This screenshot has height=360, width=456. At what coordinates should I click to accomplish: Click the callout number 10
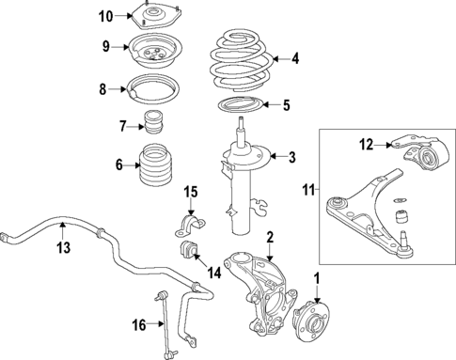[105, 15]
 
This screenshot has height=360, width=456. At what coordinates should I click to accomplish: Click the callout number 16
[138, 325]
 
